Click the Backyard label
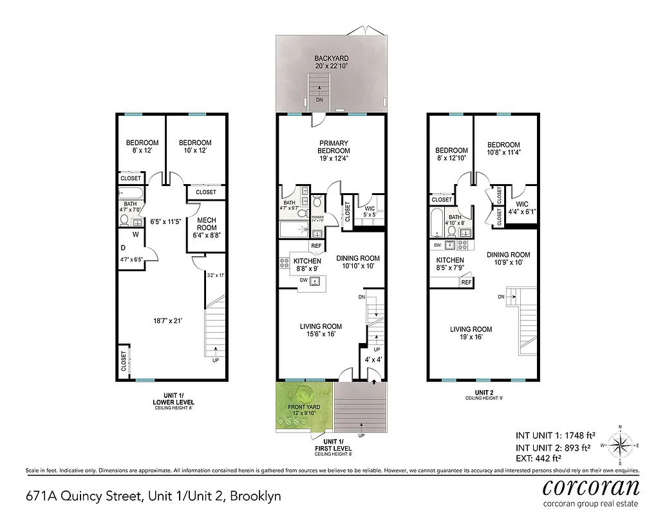[x=332, y=62]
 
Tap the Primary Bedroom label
[x=333, y=151]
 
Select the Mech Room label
[x=206, y=227]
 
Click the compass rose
[x=620, y=445]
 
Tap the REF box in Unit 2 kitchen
[x=466, y=282]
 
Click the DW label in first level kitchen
[x=303, y=279]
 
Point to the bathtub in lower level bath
[x=131, y=193]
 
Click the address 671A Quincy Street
[x=153, y=496]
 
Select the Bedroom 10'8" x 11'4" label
[x=503, y=149]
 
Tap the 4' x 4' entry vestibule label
[x=373, y=360]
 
